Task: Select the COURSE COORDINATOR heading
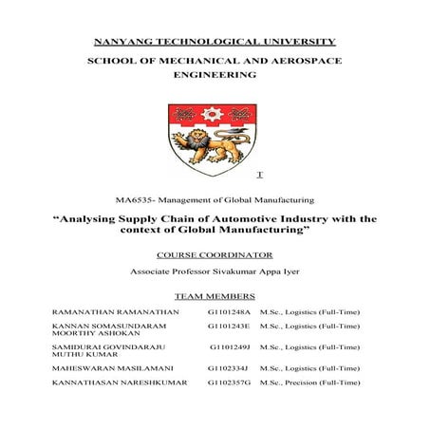[215, 254]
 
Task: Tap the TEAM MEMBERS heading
[215, 296]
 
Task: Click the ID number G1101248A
[229, 312]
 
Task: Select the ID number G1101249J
[231, 348]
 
